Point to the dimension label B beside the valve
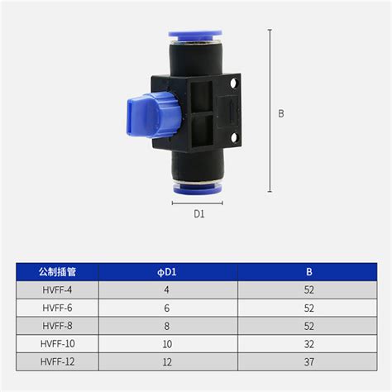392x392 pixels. (281, 114)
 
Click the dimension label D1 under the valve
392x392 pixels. (198, 215)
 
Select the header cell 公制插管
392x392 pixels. (57, 271)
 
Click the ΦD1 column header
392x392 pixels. (168, 271)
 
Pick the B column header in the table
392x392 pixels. (308, 271)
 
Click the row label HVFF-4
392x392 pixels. (57, 289)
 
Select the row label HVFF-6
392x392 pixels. (57, 307)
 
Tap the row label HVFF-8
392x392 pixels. (57, 325)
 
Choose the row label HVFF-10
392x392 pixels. (57, 343)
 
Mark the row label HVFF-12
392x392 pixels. (57, 361)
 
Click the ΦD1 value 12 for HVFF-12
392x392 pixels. (168, 361)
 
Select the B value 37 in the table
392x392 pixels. (308, 361)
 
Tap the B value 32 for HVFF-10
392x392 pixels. (308, 343)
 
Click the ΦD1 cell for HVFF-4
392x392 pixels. (168, 289)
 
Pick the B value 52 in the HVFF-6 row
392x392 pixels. (308, 307)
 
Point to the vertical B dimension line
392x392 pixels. (270, 114)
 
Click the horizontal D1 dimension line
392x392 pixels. (198, 202)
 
